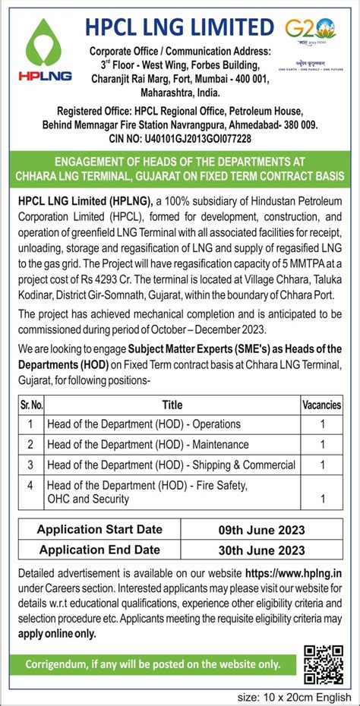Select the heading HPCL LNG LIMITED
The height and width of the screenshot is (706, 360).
tap(179, 28)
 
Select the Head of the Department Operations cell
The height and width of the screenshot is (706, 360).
tap(144, 424)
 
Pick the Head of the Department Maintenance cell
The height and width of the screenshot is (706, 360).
tap(147, 444)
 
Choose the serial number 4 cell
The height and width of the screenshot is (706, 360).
tap(31, 484)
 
